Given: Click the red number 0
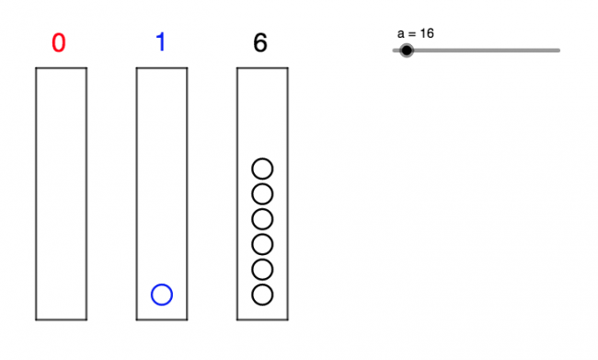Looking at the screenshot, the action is [x=59, y=43].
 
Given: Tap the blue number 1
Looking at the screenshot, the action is [x=160, y=43].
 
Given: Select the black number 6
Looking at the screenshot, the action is [x=261, y=43].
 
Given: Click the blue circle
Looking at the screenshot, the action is [x=162, y=295].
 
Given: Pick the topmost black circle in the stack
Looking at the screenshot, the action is [x=262, y=168].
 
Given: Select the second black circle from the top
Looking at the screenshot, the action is [x=262, y=193].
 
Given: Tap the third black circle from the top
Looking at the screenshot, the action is [x=262, y=219].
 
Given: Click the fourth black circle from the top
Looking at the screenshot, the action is [x=262, y=244].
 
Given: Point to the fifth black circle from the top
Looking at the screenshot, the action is [x=262, y=269].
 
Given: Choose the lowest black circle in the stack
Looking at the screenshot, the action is [x=262, y=295].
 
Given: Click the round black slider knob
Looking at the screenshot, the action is [x=407, y=51].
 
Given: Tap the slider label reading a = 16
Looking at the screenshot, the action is [x=416, y=33].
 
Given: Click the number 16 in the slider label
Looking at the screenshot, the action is [x=427, y=33].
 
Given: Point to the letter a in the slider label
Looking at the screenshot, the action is [x=401, y=33].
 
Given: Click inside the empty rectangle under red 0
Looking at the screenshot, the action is [x=62, y=193].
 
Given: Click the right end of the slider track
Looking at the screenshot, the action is [x=558, y=51].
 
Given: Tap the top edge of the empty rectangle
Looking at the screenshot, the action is [x=62, y=69].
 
